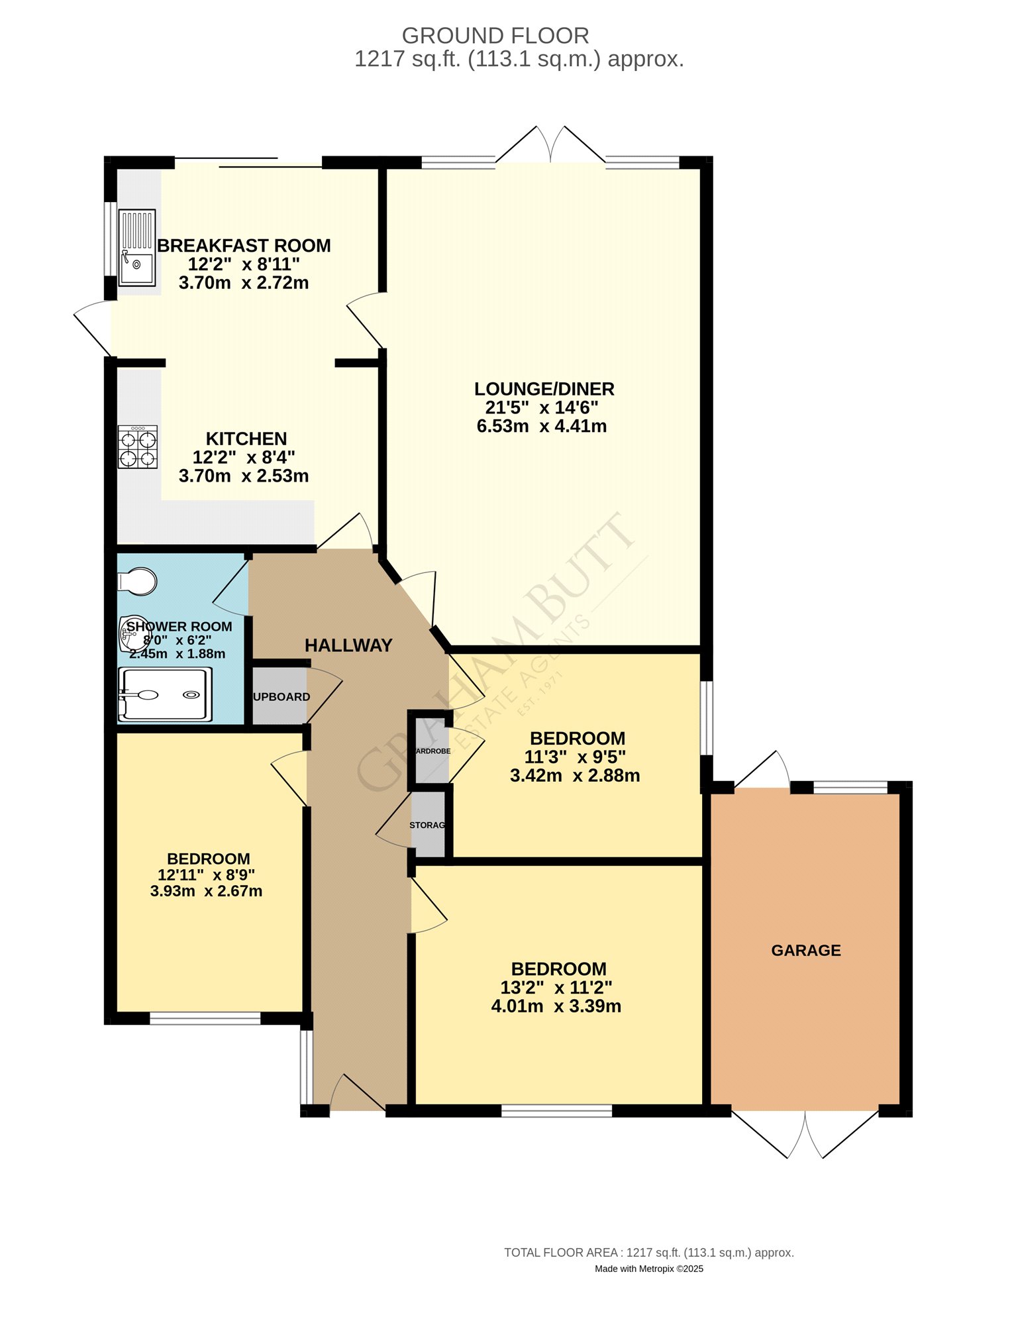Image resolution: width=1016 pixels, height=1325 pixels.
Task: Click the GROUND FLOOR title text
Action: coord(495,35)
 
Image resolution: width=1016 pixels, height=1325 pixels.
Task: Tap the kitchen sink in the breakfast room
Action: coord(137,248)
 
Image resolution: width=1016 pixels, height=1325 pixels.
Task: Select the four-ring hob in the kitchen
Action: coord(138,447)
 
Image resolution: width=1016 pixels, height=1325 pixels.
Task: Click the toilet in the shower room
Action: coord(138,582)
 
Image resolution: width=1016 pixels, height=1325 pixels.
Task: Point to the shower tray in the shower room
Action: coord(166,694)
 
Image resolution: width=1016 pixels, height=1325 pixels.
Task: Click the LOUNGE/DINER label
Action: coord(544,389)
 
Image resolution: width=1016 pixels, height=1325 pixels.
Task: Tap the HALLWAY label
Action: coord(348,645)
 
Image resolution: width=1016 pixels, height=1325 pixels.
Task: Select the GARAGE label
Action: coord(806,950)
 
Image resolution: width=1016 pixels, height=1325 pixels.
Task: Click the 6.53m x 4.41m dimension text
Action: coord(541,426)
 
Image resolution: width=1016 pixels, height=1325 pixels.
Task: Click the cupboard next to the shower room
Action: coord(280,696)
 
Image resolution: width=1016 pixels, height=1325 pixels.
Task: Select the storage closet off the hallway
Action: coord(428,825)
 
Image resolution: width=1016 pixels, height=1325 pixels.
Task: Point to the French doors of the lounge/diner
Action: coord(550,146)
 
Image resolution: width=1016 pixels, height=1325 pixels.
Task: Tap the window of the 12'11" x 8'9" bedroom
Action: coord(205,1018)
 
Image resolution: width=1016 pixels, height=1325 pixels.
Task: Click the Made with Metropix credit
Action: coord(648,1269)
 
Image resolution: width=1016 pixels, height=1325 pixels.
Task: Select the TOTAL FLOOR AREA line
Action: coord(648,1252)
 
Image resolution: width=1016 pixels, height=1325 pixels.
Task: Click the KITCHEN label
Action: coord(246,439)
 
